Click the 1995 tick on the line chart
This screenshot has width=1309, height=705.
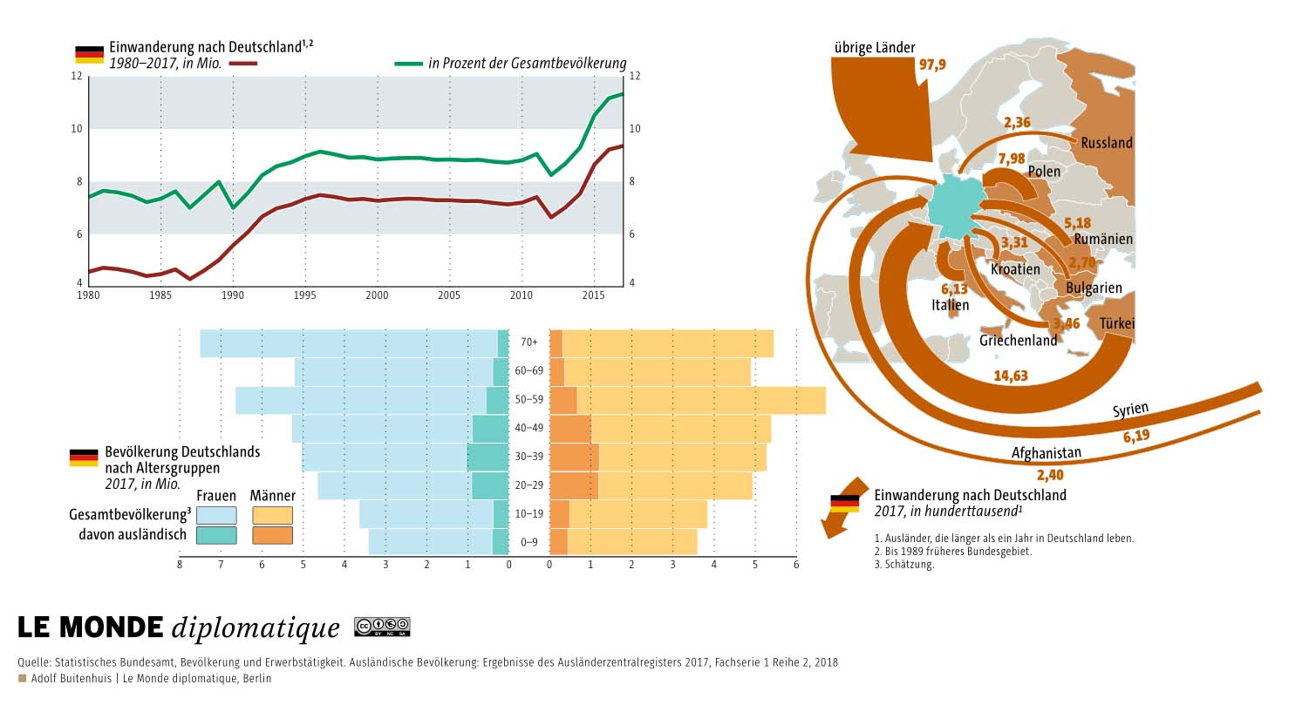point(304,295)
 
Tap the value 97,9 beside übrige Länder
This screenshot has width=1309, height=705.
point(932,64)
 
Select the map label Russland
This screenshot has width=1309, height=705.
point(1106,143)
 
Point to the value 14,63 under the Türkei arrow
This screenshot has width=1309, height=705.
point(1011,376)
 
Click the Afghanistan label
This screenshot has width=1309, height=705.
point(1046,452)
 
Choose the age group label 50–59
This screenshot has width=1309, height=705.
point(528,399)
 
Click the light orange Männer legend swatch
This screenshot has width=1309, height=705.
point(272,515)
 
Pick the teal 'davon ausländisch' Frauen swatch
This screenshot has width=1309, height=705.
point(216,535)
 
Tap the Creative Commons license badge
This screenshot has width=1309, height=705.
point(382,627)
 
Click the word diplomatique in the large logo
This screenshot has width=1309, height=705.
point(256,628)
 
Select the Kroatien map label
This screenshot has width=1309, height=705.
point(1015,269)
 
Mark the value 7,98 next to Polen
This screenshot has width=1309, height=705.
point(1012,159)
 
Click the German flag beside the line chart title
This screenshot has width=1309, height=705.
point(90,55)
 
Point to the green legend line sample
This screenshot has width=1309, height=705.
point(408,64)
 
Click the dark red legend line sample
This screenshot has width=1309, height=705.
point(243,64)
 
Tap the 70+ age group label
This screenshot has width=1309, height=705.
point(528,342)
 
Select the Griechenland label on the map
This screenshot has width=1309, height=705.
point(1018,341)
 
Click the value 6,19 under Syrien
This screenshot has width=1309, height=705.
point(1136,436)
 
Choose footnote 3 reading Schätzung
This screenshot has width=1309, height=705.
point(904,564)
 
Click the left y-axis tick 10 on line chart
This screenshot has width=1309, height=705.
point(77,128)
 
